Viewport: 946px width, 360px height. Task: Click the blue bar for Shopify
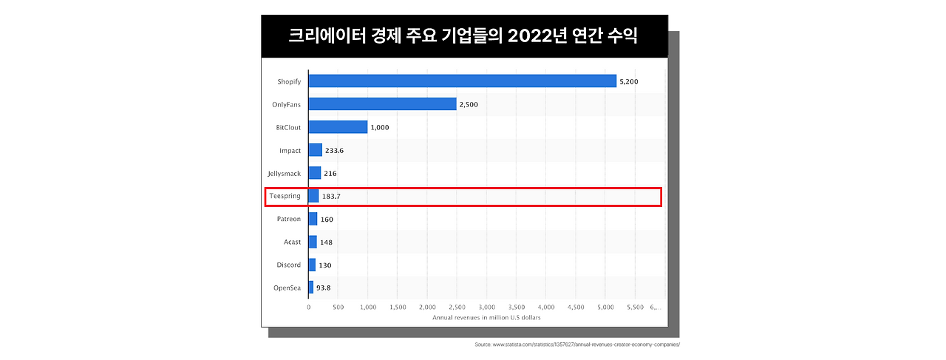462,81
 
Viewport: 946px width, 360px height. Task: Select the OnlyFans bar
382,104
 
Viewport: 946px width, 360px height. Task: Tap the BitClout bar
338,127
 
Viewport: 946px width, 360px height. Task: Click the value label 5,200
628,81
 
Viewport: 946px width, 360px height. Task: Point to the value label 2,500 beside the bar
469,104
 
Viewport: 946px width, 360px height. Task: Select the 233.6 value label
334,151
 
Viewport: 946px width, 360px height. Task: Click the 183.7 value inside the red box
331,197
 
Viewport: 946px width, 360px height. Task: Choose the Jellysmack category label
285,174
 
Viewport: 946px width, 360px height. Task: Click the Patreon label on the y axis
288,220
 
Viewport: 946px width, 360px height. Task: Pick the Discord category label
288,265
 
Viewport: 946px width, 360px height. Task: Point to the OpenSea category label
287,288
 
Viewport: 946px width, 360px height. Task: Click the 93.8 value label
324,288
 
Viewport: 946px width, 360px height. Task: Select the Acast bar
313,242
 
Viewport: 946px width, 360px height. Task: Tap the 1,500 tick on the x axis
398,306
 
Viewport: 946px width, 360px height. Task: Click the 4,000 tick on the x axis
546,306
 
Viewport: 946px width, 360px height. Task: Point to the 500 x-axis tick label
338,306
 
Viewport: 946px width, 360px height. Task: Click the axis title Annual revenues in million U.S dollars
486,317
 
